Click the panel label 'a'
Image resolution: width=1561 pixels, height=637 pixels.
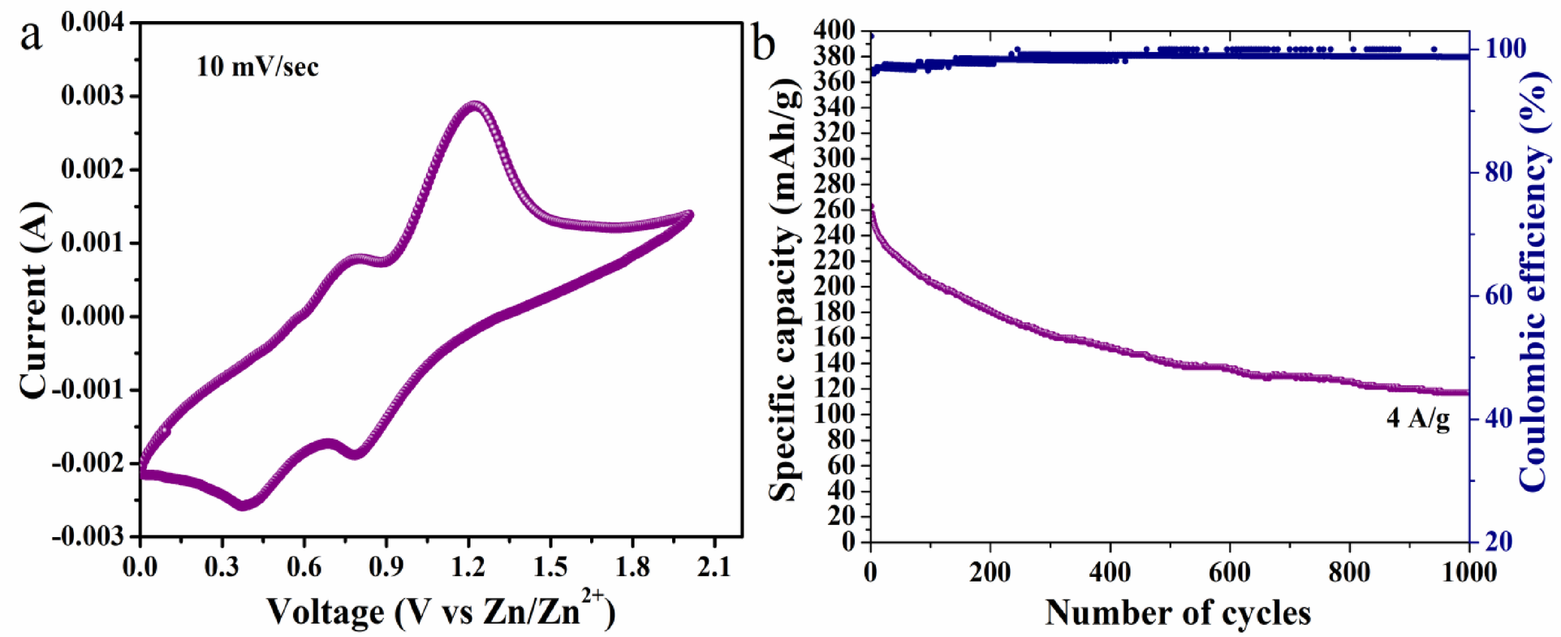[x=31, y=37]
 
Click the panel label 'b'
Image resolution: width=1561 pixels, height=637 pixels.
[x=763, y=43]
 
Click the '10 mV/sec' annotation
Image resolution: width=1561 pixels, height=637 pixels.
[x=257, y=66]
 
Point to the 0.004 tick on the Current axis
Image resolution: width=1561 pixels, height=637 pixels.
[x=93, y=23]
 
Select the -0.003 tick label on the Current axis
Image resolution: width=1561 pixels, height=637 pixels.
[x=89, y=536]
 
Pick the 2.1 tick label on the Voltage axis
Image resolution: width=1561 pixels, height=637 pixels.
[x=714, y=566]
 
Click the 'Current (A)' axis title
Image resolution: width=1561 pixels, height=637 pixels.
[x=34, y=301]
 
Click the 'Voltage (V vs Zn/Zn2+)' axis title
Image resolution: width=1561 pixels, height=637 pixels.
[x=441, y=611]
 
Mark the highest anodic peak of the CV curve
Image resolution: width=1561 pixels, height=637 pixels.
[x=475, y=105]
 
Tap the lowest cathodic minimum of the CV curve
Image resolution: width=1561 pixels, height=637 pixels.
[x=244, y=505]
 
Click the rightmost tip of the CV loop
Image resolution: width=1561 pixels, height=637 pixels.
[x=691, y=214]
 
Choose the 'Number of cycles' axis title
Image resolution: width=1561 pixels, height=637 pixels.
[x=1177, y=613]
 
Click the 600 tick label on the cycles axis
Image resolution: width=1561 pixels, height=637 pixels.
[x=1229, y=572]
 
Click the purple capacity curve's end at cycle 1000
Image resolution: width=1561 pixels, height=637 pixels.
[x=1467, y=392]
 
